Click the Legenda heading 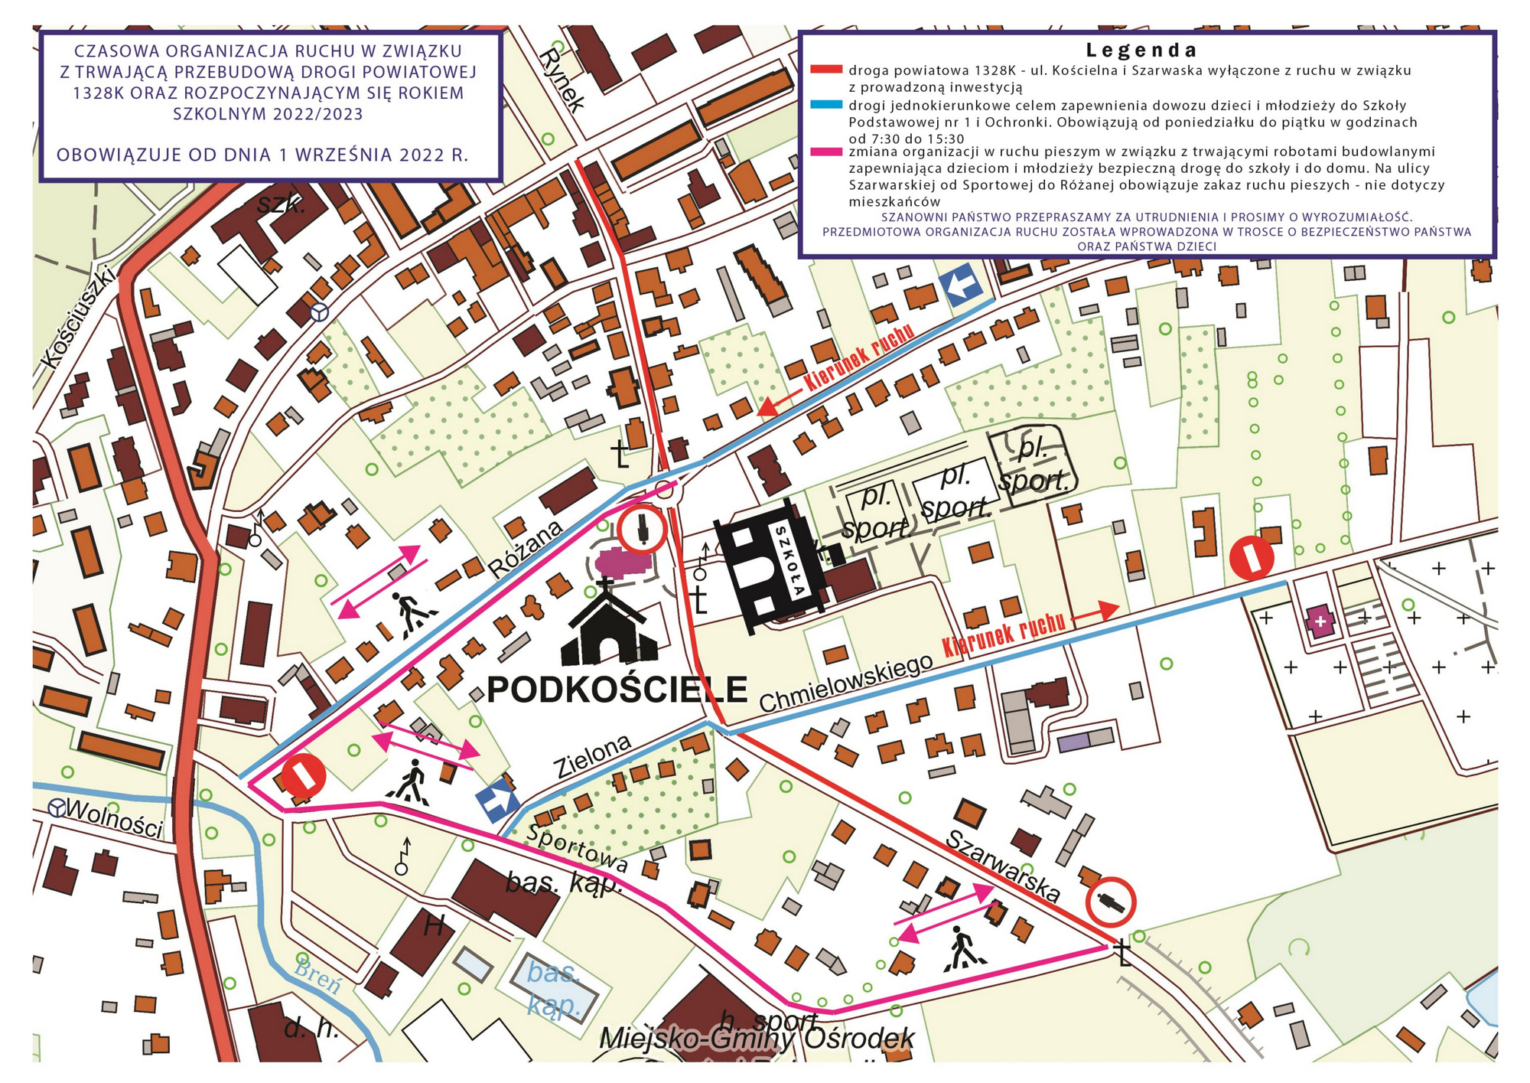coord(1141,51)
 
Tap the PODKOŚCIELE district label coord(617,690)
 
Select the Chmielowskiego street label coord(845,683)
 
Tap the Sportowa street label coord(578,850)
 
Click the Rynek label coord(562,80)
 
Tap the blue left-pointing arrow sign coord(962,285)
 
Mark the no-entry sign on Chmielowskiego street coord(1252,558)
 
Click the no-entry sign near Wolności coord(304,775)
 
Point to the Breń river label coord(317,974)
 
